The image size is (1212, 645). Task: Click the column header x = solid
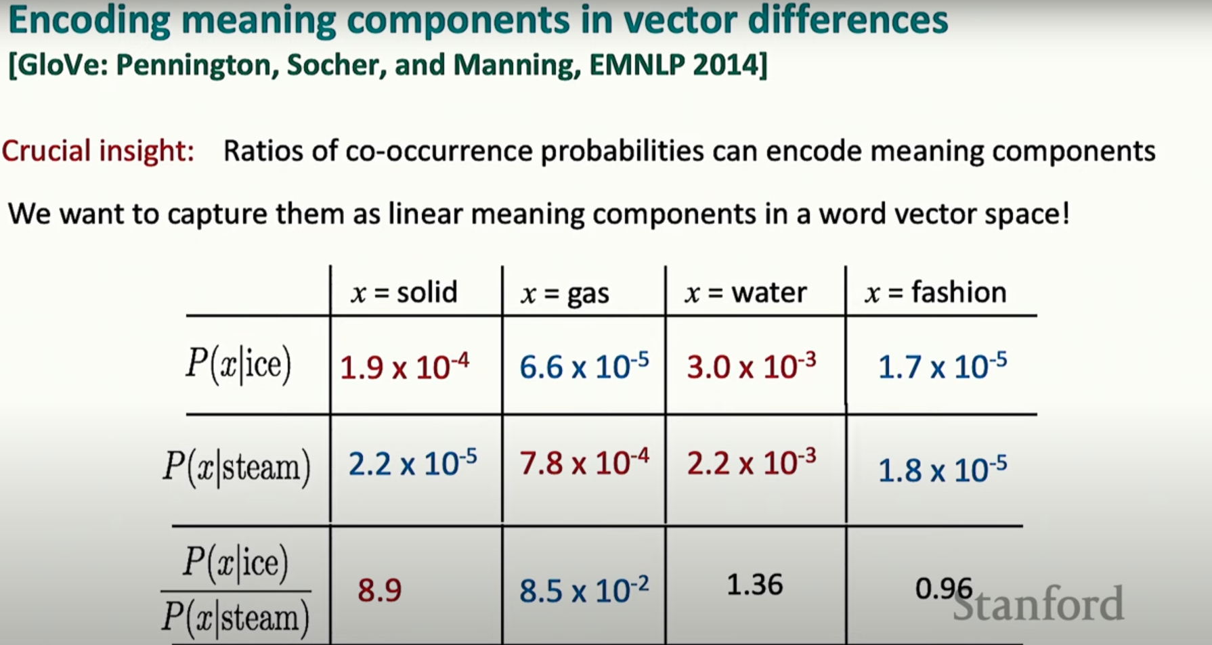404,293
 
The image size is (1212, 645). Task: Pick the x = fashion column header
936,292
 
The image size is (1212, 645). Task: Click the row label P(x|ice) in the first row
238,365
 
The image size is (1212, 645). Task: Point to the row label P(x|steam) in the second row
236,467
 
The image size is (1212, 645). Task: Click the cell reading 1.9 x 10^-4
404,367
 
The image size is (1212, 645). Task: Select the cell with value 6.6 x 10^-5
584,367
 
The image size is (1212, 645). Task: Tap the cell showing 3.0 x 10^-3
752,367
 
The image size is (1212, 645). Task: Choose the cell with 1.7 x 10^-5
943,367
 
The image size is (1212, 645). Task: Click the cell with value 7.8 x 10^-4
584,464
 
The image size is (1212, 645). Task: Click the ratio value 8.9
380,590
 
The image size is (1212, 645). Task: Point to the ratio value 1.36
754,585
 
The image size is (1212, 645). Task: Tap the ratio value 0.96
944,589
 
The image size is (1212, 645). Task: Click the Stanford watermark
1038,604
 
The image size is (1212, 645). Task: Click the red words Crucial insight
98,151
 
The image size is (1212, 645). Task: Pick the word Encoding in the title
89,21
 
